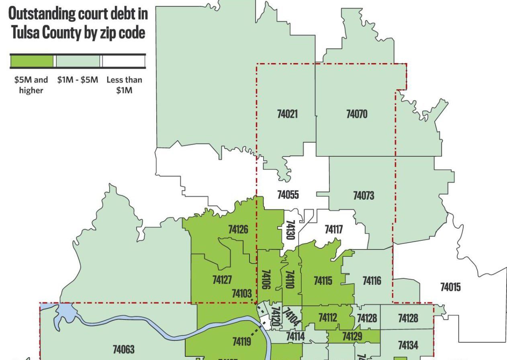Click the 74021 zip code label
point(287,114)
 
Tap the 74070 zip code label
point(357,114)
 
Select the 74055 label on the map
point(288,195)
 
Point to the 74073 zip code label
point(364,196)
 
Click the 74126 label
point(238,229)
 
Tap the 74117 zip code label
point(334,229)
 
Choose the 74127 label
point(222,280)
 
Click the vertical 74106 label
point(266,280)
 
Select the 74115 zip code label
point(323,280)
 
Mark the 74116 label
point(372,280)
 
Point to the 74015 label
point(450,287)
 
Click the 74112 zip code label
point(328,318)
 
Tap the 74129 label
point(352,336)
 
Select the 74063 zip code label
point(124,350)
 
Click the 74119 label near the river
point(242,342)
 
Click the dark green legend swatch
point(31,61)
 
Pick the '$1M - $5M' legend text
point(78,80)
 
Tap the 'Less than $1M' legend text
point(124,85)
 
